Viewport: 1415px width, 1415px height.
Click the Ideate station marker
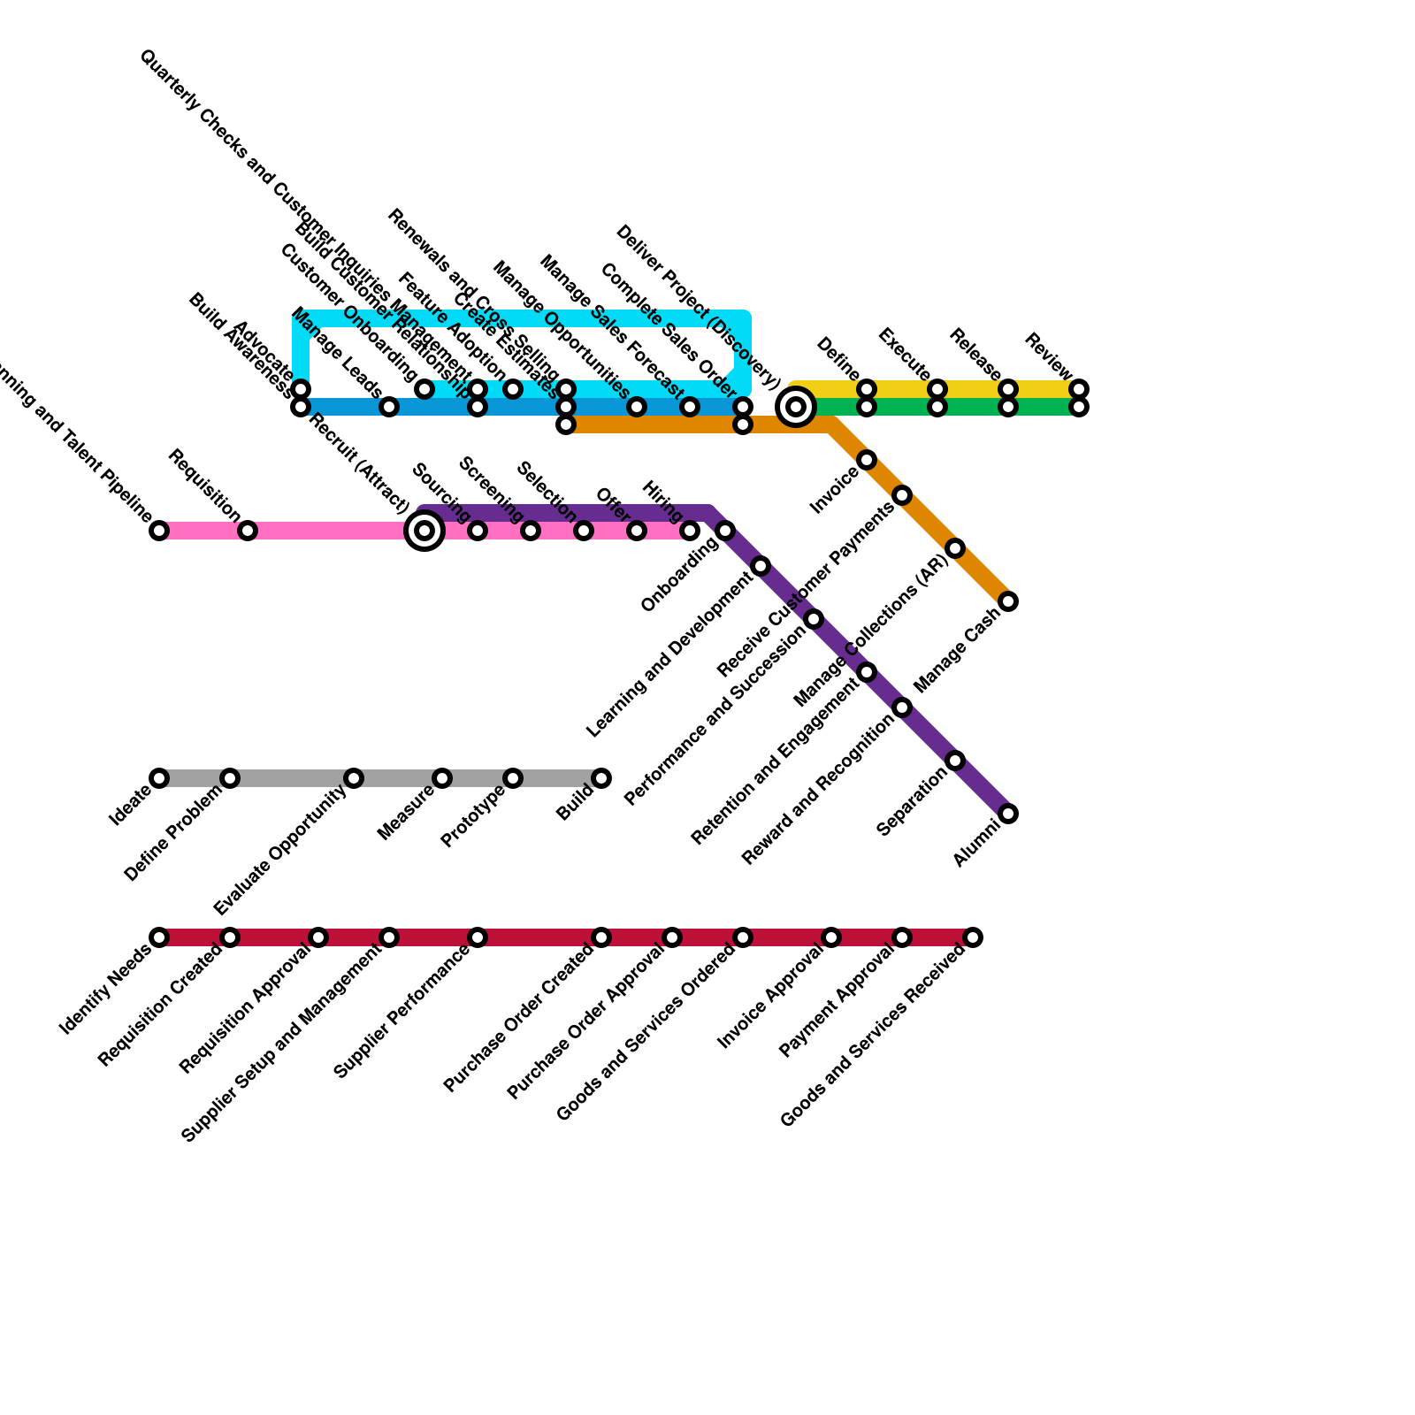pyautogui.click(x=159, y=778)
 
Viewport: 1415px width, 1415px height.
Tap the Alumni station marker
pyautogui.click(x=1008, y=814)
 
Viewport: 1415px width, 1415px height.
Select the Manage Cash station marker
pyautogui.click(x=1008, y=601)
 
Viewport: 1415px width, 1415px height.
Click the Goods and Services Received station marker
pyautogui.click(x=973, y=937)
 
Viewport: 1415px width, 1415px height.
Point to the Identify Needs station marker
pyautogui.click(x=159, y=937)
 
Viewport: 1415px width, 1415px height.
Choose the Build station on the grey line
pyautogui.click(x=601, y=778)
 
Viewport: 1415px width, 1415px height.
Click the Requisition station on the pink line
pyautogui.click(x=248, y=531)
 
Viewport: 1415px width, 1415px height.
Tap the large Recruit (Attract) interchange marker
pyautogui.click(x=424, y=531)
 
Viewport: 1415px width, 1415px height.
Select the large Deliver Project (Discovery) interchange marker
pyautogui.click(x=796, y=407)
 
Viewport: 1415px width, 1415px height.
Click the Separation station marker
pyautogui.click(x=955, y=761)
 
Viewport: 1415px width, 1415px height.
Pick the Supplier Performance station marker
pyautogui.click(x=478, y=937)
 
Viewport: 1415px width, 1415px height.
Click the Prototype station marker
pyautogui.click(x=513, y=778)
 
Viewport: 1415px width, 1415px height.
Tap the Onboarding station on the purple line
pyautogui.click(x=725, y=531)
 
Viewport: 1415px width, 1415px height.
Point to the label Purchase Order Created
pyautogui.click(x=518, y=1019)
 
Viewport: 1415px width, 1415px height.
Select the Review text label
pyautogui.click(x=1049, y=356)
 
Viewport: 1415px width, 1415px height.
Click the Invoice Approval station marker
pyautogui.click(x=831, y=937)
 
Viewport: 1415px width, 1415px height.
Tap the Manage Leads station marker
pyautogui.click(x=389, y=407)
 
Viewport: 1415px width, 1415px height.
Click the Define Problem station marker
pyautogui.click(x=230, y=778)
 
